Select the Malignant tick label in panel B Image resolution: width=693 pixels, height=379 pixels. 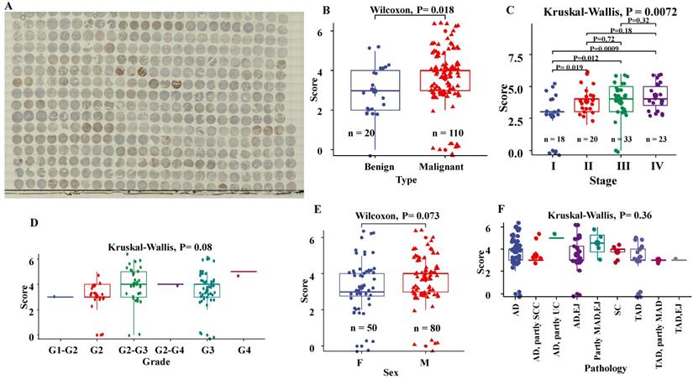click(446, 166)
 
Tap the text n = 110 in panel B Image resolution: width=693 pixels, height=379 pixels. click(445, 132)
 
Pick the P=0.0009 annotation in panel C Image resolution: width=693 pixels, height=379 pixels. click(605, 49)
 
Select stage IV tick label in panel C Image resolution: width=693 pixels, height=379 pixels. click(658, 166)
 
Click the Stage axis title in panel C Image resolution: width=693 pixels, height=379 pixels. click(598, 179)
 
